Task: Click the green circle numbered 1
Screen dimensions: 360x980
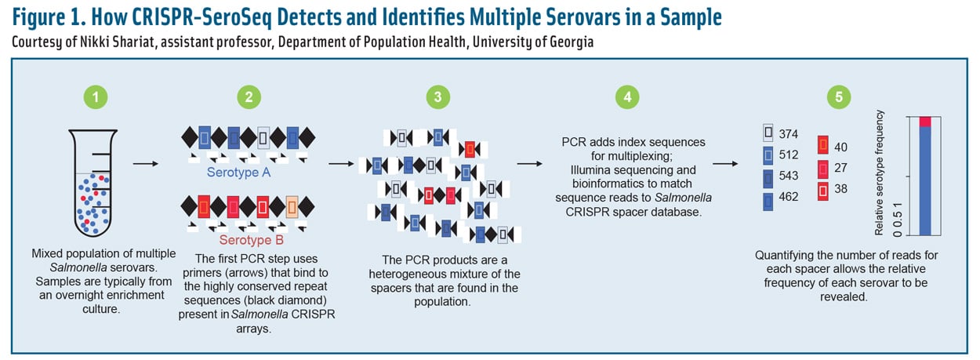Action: [96, 98]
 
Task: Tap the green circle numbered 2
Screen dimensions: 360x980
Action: [249, 98]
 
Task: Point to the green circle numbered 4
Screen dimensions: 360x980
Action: [626, 98]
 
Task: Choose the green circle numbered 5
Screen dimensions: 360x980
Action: [838, 98]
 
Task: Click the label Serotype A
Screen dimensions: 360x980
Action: [239, 171]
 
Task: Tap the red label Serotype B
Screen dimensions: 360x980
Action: [249, 239]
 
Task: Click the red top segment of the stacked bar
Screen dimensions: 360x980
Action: [925, 121]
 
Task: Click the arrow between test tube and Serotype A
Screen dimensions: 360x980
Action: [143, 165]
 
